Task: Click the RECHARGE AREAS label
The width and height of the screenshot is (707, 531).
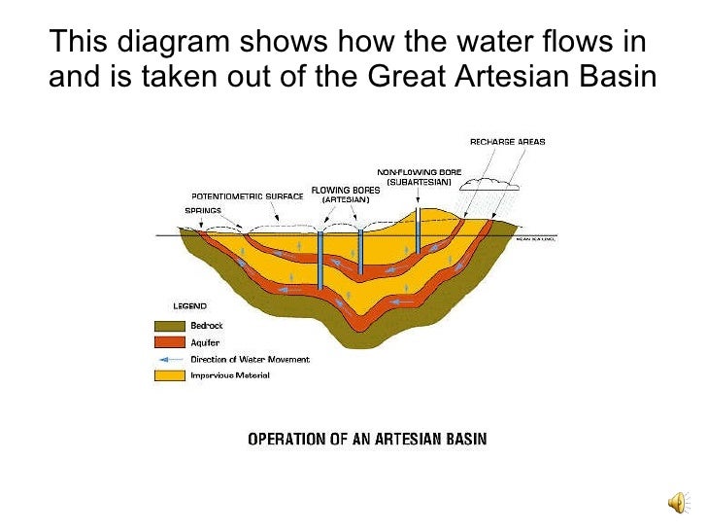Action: coord(507,142)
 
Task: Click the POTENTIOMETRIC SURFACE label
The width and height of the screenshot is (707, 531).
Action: coord(247,195)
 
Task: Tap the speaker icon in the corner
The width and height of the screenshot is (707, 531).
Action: coord(676,501)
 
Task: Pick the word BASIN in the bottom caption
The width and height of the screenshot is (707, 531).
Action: coord(462,439)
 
